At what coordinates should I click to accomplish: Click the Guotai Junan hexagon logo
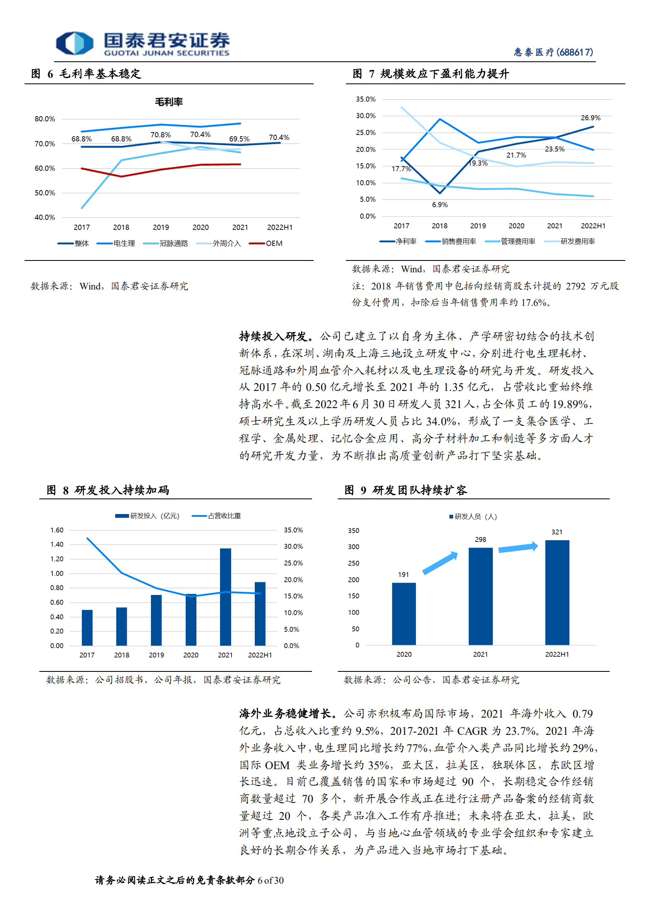[x=74, y=43]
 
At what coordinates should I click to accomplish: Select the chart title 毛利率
[x=168, y=102]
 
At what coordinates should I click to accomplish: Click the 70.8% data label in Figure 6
[x=160, y=135]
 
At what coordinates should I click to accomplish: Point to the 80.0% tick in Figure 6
[x=45, y=119]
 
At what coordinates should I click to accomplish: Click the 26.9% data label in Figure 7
[x=591, y=118]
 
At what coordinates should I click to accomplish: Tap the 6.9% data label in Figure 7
[x=440, y=205]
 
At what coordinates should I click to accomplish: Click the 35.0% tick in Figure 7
[x=366, y=99]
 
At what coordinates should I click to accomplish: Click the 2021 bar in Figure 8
[x=225, y=597]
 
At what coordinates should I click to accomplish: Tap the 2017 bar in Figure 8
[x=87, y=628]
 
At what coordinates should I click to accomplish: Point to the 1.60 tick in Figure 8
[x=57, y=530]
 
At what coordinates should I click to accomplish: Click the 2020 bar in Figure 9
[x=404, y=614]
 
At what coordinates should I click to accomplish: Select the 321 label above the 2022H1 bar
[x=557, y=532]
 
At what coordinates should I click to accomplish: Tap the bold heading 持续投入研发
[x=273, y=337]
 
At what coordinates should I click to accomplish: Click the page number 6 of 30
[x=270, y=880]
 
